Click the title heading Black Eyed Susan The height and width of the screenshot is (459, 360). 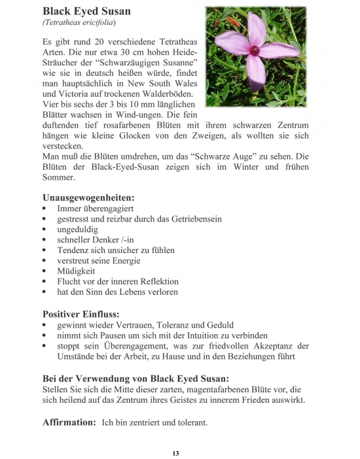point(86,11)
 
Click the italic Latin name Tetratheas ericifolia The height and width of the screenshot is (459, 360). point(79,24)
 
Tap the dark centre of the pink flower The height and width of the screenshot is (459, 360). point(255,50)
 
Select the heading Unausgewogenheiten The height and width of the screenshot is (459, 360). point(88,196)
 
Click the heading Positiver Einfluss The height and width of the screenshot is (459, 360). point(81,313)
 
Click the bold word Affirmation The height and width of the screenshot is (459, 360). point(69,422)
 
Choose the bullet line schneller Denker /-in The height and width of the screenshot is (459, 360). point(96,239)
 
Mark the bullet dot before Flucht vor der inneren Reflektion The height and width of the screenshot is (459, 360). point(45,281)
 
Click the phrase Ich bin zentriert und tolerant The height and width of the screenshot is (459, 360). point(154,422)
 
